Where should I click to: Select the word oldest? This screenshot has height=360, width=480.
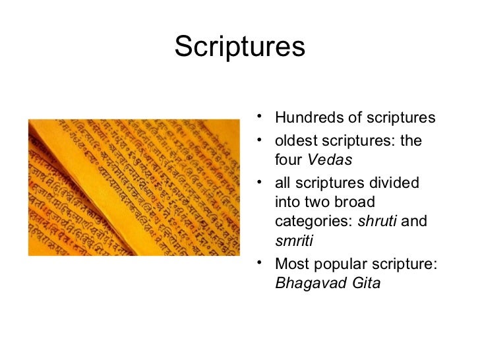pos(295,142)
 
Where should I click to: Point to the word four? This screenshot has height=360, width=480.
pos(287,161)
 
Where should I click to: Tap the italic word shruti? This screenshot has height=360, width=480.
pos(377,223)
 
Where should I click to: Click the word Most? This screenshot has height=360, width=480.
pos(291,266)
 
